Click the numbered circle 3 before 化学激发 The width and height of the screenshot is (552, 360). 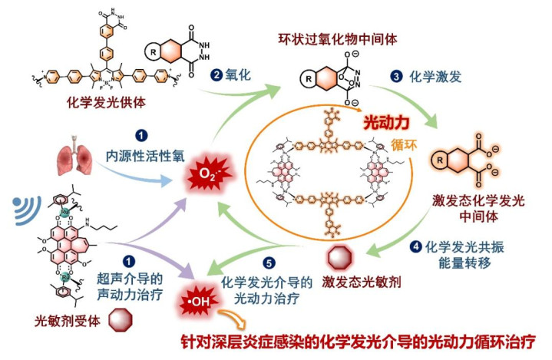tap(397, 76)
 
